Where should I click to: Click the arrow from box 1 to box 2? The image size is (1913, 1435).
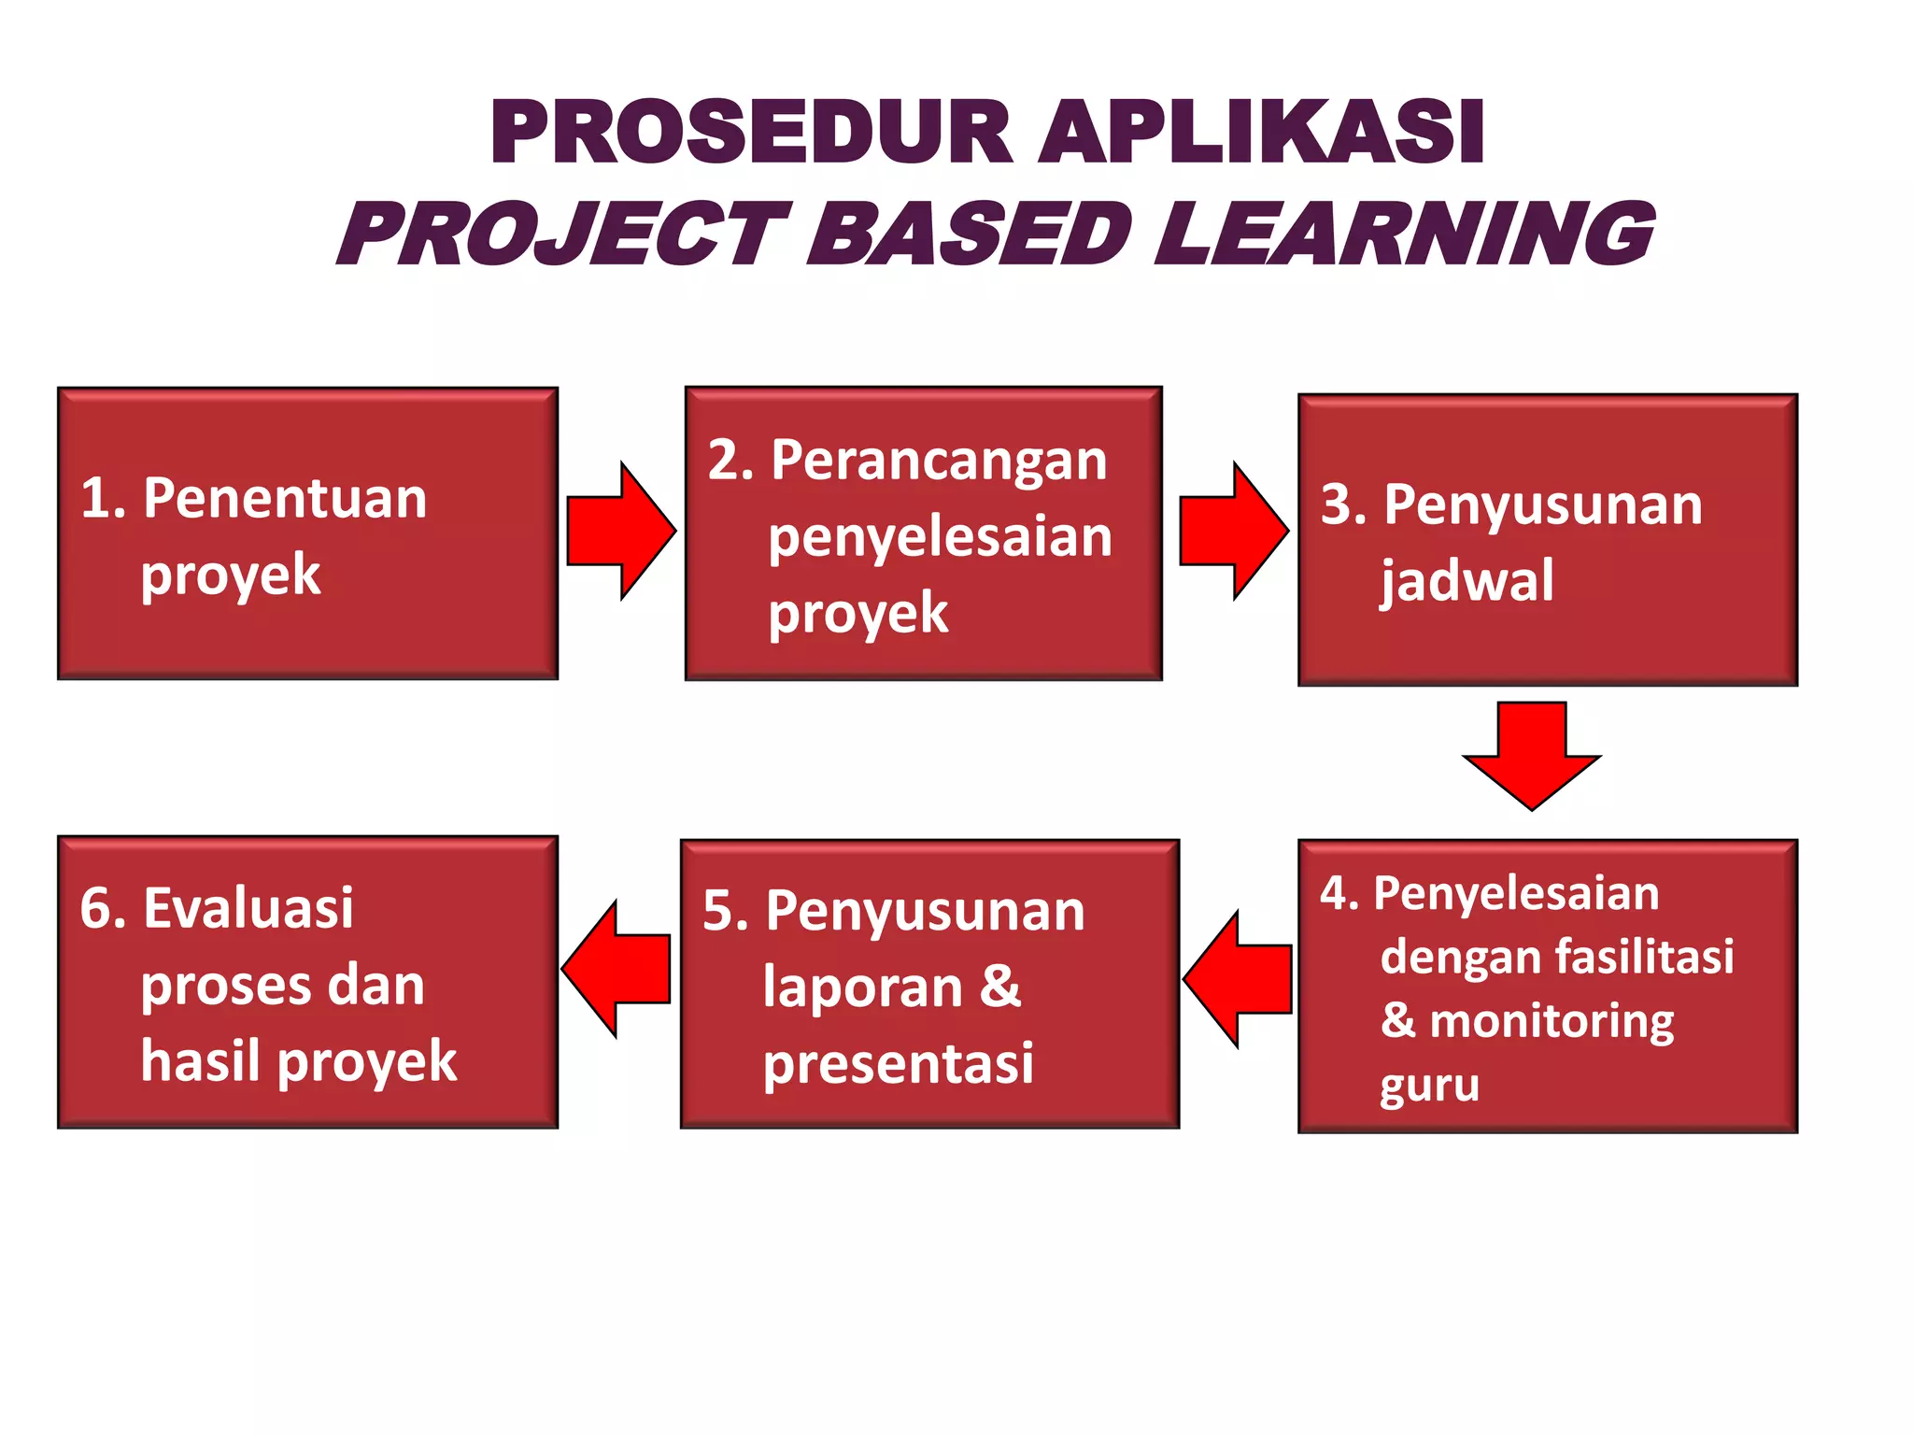click(x=620, y=530)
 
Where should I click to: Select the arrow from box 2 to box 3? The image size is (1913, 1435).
click(x=1233, y=530)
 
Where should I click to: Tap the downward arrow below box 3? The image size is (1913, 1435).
click(x=1532, y=753)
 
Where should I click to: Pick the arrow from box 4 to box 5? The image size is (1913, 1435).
click(x=1239, y=979)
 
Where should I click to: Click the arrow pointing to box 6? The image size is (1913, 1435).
click(x=616, y=970)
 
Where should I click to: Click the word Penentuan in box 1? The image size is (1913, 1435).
click(x=285, y=498)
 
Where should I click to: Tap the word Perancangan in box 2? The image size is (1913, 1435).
click(x=939, y=461)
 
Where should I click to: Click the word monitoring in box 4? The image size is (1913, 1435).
click(x=1552, y=1021)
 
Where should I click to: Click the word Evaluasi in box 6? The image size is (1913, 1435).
click(x=248, y=908)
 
